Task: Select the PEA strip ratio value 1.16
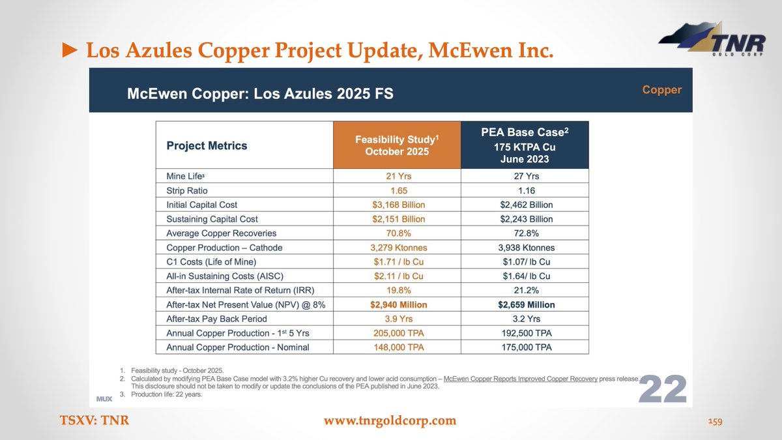(525, 190)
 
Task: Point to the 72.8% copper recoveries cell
(525, 233)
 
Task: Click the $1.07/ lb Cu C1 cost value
(525, 262)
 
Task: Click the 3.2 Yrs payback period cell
(525, 319)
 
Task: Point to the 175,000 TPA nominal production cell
(525, 347)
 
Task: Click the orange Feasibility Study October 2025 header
(397, 145)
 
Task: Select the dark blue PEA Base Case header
(525, 145)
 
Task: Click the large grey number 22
(662, 389)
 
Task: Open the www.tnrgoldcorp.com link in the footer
(390, 420)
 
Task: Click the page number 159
(715, 422)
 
